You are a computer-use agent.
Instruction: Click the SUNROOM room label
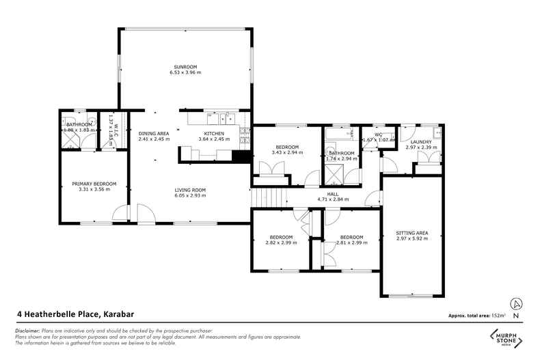[186, 66]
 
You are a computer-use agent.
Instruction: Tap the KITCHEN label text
[215, 133]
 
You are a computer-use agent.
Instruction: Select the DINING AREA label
[153, 133]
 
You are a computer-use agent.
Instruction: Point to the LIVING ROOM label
[189, 190]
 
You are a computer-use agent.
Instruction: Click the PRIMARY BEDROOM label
[94, 183]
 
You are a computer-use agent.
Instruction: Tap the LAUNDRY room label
[420, 141]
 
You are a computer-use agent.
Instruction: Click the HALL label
[333, 194]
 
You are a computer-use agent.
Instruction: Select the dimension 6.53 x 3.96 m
[186, 72]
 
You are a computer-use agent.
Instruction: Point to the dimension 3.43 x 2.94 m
[286, 153]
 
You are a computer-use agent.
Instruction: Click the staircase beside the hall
[267, 198]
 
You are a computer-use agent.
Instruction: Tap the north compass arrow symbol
[517, 304]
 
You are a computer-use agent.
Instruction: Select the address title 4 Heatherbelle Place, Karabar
[75, 314]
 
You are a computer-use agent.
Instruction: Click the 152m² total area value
[497, 316]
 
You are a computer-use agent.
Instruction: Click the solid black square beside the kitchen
[240, 156]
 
